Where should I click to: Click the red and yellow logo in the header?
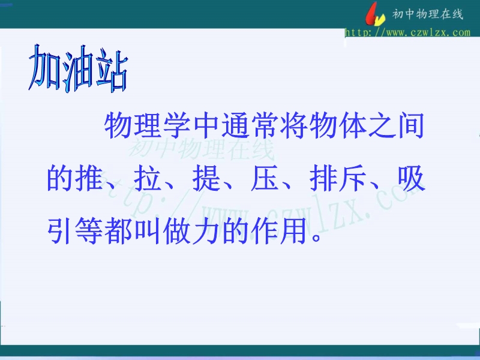pyautogui.click(x=376, y=14)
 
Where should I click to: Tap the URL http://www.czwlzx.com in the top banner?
pyautogui.click(x=407, y=32)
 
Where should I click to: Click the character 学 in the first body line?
pyautogui.click(x=176, y=125)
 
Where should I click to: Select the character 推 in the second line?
pyautogui.click(x=89, y=178)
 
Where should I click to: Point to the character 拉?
pyautogui.click(x=148, y=178)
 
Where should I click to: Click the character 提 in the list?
pyautogui.click(x=206, y=178)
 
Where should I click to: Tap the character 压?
pyautogui.click(x=265, y=178)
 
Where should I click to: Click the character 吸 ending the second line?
pyautogui.click(x=411, y=178)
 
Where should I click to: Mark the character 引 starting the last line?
pyautogui.click(x=59, y=230)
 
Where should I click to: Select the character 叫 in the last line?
pyautogui.click(x=148, y=230)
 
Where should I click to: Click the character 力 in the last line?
pyautogui.click(x=206, y=230)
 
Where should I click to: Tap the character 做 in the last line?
pyautogui.click(x=176, y=230)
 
